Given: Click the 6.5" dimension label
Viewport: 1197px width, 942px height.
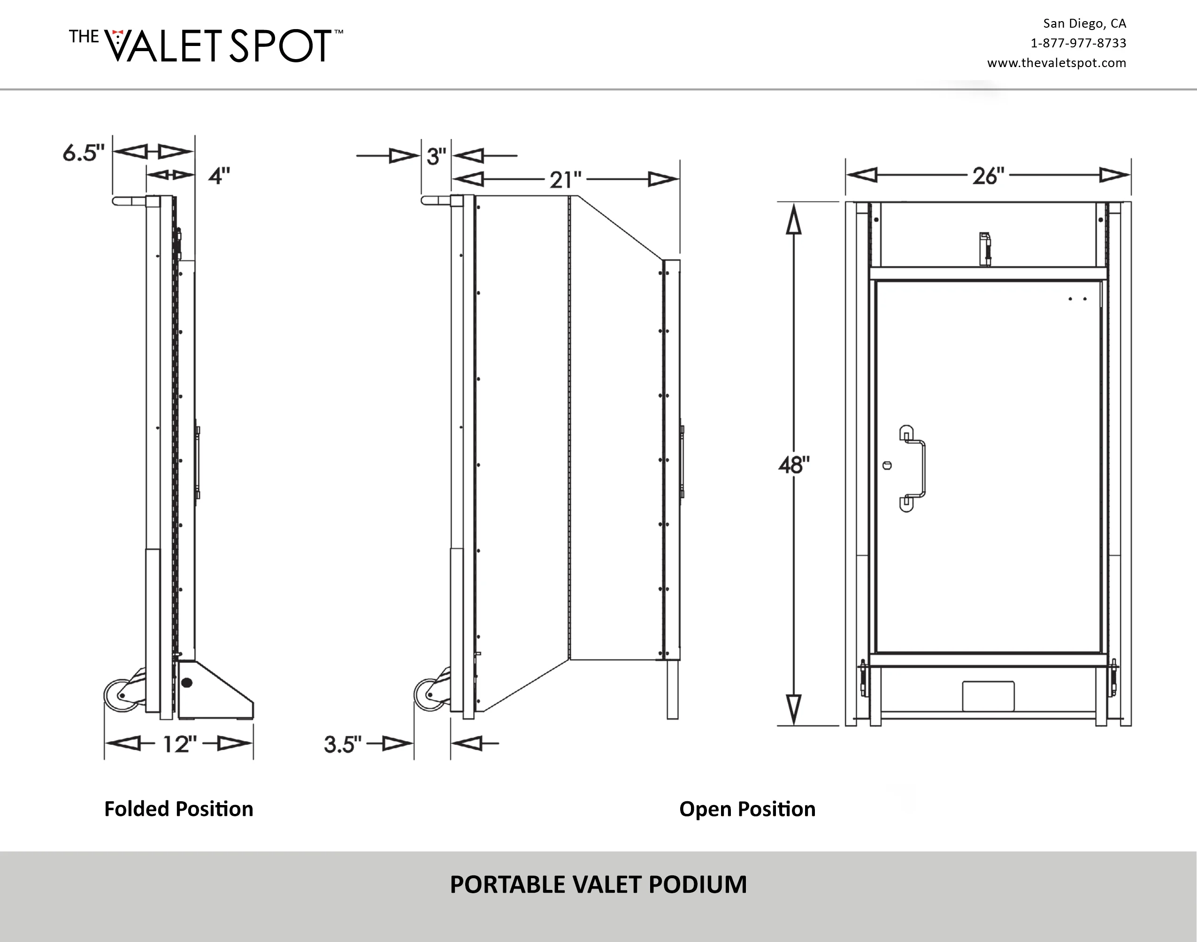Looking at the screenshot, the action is click(84, 153).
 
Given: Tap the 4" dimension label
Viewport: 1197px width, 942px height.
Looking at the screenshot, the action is click(219, 176).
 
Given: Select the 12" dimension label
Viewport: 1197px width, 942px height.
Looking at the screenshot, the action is click(180, 744).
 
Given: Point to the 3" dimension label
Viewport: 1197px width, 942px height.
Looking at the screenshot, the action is click(436, 157).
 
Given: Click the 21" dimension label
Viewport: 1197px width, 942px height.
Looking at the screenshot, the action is click(566, 180).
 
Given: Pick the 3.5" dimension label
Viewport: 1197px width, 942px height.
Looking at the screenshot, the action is click(343, 744).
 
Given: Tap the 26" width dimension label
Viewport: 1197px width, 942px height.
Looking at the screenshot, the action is click(989, 176).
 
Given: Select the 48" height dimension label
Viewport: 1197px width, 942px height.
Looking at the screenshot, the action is click(794, 465).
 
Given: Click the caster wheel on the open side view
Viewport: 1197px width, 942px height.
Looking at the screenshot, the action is click(429, 695).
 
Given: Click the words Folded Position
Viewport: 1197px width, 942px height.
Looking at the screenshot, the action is click(179, 809).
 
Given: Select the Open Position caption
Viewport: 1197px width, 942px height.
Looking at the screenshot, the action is click(747, 809).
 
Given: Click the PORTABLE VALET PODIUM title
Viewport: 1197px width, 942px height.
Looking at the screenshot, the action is click(598, 885).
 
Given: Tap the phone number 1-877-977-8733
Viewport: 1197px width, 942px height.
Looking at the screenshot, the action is click(1078, 43).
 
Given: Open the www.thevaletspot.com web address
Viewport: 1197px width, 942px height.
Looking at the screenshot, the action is click(1057, 63).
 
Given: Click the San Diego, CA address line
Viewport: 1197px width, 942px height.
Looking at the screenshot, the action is click(1084, 23).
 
